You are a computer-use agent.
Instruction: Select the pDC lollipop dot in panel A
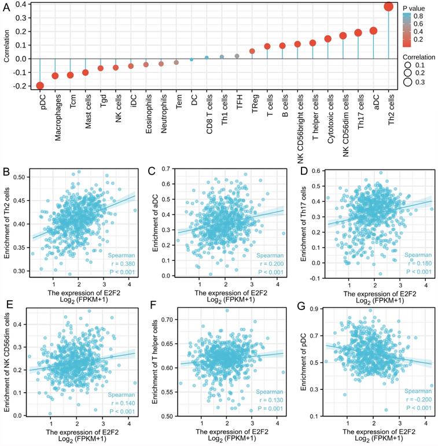coord(39,86)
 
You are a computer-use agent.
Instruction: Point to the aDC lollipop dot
coord(373,31)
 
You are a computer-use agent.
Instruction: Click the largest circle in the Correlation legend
coord(407,82)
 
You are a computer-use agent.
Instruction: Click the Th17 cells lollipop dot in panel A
coord(358,34)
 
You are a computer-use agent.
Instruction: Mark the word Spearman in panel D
coord(415,255)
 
